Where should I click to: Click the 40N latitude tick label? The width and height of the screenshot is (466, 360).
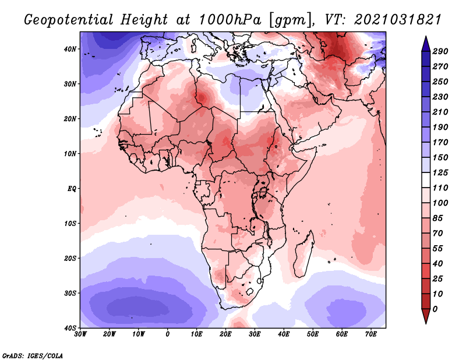(x=70, y=49)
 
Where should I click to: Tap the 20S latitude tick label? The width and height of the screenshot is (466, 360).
(x=70, y=258)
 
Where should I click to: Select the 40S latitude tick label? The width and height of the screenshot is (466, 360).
(x=70, y=327)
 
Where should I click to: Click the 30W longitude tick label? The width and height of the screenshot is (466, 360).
(x=80, y=334)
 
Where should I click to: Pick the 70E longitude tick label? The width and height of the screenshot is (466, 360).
(x=370, y=334)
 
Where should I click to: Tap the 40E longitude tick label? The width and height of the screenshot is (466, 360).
(x=284, y=334)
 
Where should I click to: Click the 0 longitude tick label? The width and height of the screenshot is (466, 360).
(x=168, y=334)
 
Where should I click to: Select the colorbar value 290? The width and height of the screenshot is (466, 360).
(x=440, y=51)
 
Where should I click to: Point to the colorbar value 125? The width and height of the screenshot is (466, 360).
(x=440, y=173)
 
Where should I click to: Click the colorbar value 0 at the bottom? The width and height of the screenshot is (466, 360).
(x=436, y=309)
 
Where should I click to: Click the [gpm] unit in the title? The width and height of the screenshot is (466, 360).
(x=289, y=19)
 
